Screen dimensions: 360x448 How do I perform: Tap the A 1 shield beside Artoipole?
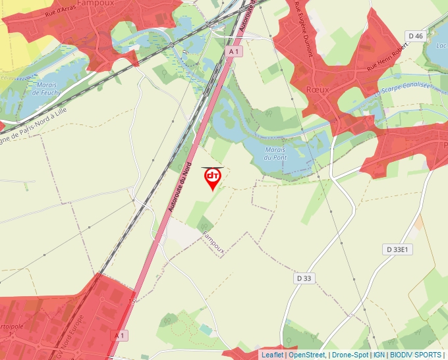pos(119,335)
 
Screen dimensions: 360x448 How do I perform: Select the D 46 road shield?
pos(415,36)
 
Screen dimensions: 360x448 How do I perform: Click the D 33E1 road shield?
pos(397,249)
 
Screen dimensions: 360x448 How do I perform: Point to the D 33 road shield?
pos(304,278)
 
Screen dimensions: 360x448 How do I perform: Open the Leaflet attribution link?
pos(272,355)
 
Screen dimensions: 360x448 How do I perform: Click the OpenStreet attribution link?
pos(307,355)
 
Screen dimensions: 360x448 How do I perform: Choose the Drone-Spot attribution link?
pos(350,355)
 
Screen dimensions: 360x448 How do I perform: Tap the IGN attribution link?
pos(379,355)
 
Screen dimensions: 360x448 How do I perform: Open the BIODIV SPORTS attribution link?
pos(415,355)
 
